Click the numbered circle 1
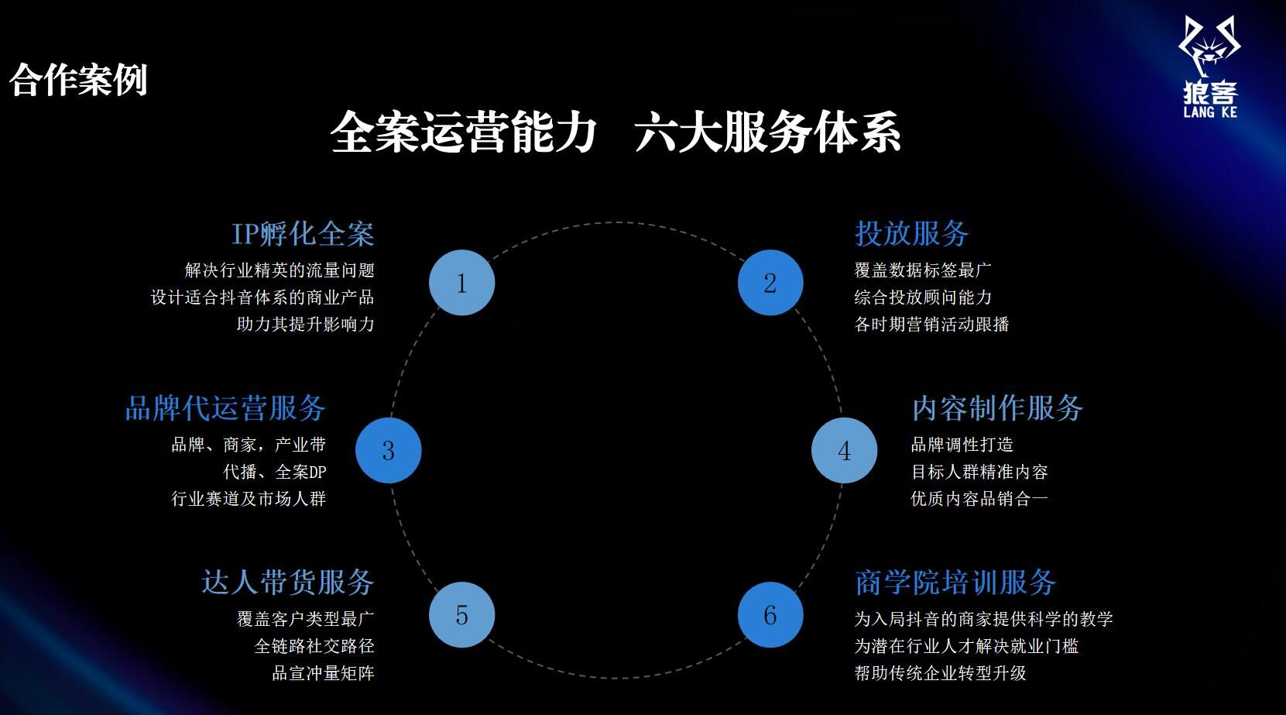pos(461,283)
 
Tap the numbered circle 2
pos(770,283)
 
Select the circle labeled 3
pos(388,450)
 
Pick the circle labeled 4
pos(844,450)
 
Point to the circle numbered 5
pos(461,614)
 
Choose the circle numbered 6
pos(770,614)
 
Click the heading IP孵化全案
pos(303,234)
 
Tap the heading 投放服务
pos(912,234)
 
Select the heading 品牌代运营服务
pos(225,408)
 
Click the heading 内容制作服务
pos(997,408)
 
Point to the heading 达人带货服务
pos(288,583)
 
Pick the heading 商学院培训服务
pos(955,583)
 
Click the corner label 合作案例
pos(79,80)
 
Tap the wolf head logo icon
pos(1209,46)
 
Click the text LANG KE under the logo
pos(1210,112)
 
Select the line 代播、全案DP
pos(274,472)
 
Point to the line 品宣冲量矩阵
pos(323,673)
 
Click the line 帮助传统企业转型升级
pos(941,673)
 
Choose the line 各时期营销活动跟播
pos(931,325)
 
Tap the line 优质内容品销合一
pos(979,499)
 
